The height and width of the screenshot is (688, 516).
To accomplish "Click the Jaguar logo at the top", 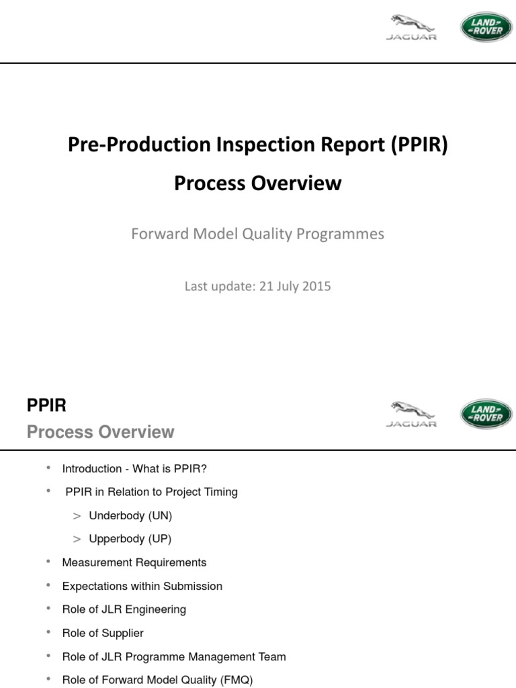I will pyautogui.click(x=411, y=28).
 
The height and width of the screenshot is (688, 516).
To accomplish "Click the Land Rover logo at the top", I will pyautogui.click(x=485, y=28).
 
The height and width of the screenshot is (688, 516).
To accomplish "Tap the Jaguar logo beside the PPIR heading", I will pyautogui.click(x=411, y=414).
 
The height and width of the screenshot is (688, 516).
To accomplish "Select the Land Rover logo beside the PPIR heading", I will pyautogui.click(x=485, y=414).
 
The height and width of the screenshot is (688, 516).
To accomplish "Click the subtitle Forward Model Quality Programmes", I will pyautogui.click(x=257, y=234).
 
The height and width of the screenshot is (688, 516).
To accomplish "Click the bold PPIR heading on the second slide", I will pyautogui.click(x=46, y=405).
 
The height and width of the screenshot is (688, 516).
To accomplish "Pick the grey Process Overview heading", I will pyautogui.click(x=100, y=432).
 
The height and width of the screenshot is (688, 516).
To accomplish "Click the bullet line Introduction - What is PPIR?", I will pyautogui.click(x=139, y=469).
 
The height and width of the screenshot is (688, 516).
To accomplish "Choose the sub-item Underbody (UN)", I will pyautogui.click(x=130, y=516).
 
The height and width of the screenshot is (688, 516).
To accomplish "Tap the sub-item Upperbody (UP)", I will pyautogui.click(x=130, y=539).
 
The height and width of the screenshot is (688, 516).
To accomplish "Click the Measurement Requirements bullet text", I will pyautogui.click(x=134, y=562).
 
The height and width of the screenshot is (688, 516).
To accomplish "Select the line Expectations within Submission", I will pyautogui.click(x=142, y=586).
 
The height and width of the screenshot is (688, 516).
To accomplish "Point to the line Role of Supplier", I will pyautogui.click(x=103, y=633).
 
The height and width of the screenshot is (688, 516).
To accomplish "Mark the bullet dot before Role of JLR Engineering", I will pyautogui.click(x=48, y=608).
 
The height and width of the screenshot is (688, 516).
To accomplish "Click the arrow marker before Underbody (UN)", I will pyautogui.click(x=77, y=516).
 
